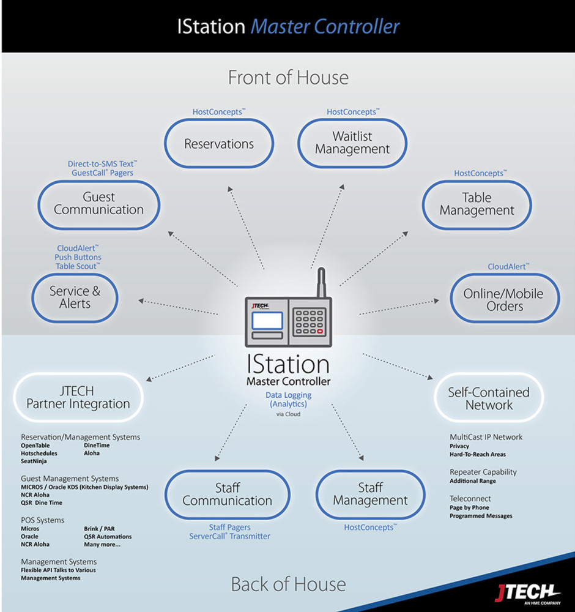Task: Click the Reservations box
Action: (x=219, y=144)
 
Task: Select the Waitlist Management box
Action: (x=352, y=143)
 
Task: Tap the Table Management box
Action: (x=477, y=204)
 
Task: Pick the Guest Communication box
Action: (x=98, y=204)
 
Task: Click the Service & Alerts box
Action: (x=75, y=297)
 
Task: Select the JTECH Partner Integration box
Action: (x=78, y=398)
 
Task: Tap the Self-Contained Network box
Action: (x=489, y=398)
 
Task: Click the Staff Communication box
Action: (x=227, y=494)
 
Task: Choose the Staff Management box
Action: (x=370, y=494)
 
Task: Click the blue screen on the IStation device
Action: (x=267, y=321)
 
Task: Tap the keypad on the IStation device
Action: (x=309, y=321)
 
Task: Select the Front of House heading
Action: (x=288, y=78)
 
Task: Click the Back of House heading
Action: (x=288, y=584)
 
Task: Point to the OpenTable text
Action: (x=35, y=446)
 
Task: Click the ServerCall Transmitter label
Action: (x=229, y=536)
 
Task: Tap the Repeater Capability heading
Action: (x=483, y=472)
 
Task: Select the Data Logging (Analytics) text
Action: (x=288, y=400)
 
